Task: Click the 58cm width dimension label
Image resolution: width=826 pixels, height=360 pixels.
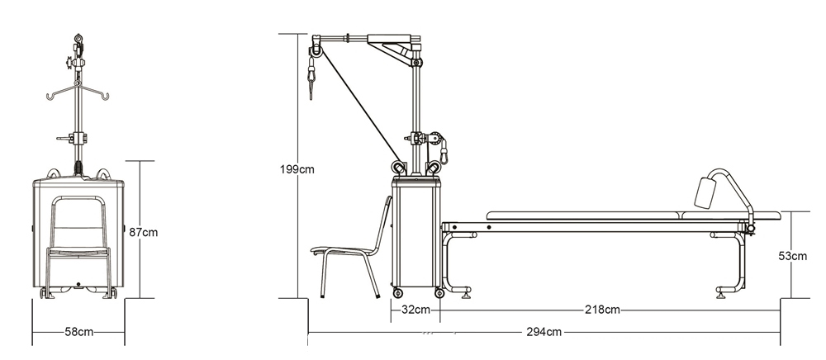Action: click(78, 331)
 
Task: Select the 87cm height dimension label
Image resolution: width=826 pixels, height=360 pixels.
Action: click(143, 232)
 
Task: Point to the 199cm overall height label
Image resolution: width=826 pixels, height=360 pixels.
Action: click(297, 170)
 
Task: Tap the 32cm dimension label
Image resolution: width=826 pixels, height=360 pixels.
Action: click(415, 310)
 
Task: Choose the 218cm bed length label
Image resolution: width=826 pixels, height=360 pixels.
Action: click(601, 310)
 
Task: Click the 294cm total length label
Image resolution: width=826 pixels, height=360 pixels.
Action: click(544, 332)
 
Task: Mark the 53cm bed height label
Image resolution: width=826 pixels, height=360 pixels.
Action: click(793, 256)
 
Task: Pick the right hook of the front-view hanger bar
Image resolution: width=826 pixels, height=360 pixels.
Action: click(107, 97)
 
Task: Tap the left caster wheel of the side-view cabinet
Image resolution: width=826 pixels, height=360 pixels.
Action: click(397, 292)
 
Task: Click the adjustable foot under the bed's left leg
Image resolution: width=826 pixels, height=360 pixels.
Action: click(468, 291)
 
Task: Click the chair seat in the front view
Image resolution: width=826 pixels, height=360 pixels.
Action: click(78, 250)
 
